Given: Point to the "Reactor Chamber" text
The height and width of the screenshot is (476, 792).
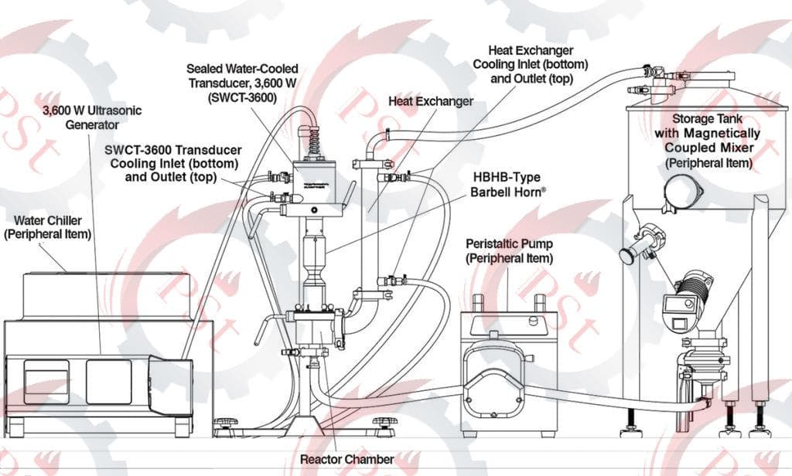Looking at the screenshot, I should coord(347,460).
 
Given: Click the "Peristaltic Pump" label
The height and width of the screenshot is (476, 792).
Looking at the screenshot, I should coord(509,250).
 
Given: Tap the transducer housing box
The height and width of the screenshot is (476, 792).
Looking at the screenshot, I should coord(313,181).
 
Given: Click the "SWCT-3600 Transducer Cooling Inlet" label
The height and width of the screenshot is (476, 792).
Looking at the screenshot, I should coord(174,163).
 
